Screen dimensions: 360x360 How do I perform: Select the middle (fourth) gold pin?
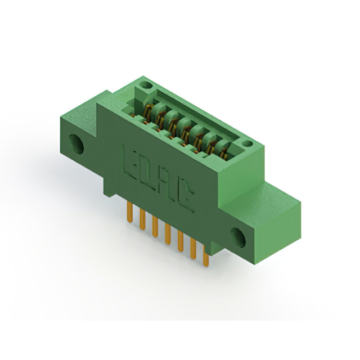[168, 235]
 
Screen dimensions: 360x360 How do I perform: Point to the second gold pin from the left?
[142, 220]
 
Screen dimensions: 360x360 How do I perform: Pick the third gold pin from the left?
[155, 227]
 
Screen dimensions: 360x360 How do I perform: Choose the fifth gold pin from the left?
[181, 242]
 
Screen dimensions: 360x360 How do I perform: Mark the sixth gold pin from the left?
[193, 249]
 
